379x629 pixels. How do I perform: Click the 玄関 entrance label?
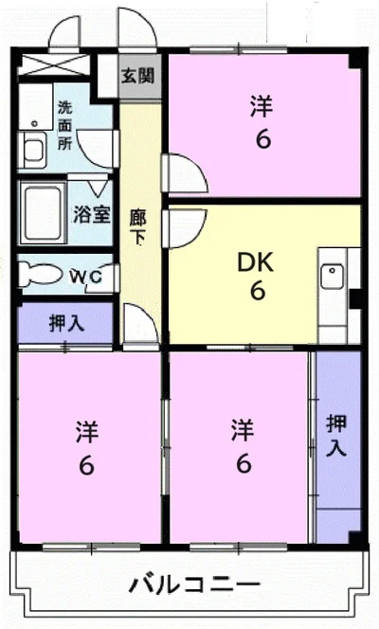[x=137, y=75]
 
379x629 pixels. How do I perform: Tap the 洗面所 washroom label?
[x=65, y=126]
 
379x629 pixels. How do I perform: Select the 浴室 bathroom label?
[x=92, y=214]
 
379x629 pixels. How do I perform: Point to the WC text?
[x=86, y=277]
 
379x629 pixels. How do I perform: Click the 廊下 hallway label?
[x=138, y=227]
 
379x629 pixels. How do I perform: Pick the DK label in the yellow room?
[x=256, y=262]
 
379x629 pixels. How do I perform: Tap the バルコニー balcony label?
[x=194, y=584]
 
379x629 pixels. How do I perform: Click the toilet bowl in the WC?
[x=40, y=274]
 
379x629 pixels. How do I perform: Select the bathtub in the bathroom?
[x=43, y=212]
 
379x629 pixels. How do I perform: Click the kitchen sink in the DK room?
[x=332, y=276]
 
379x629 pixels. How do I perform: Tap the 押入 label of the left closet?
[x=66, y=323]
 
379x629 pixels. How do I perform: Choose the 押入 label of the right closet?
[x=336, y=436]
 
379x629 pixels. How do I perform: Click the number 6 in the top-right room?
[x=263, y=139]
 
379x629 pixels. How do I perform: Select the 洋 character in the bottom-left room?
[x=87, y=432]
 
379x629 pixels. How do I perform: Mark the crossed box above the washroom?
[x=54, y=64]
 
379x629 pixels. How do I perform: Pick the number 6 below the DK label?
[x=258, y=291]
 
